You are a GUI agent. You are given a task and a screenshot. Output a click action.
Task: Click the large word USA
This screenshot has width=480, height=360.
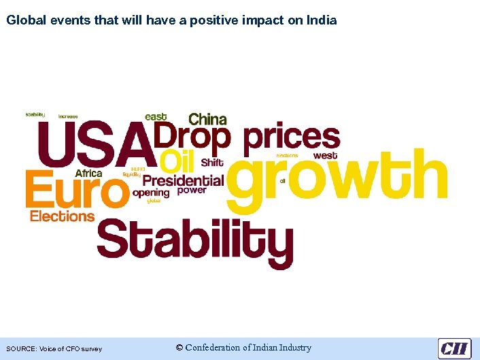[95, 144]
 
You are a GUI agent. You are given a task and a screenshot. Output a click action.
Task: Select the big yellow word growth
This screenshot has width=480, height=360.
[337, 178]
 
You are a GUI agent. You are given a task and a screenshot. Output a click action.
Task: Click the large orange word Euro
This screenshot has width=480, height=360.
[76, 190]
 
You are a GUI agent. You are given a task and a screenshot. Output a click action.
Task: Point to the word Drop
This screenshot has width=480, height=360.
[192, 137]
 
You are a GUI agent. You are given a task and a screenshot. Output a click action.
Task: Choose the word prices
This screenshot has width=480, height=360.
[291, 137]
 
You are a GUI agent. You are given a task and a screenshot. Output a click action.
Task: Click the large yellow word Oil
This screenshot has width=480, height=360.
[178, 162]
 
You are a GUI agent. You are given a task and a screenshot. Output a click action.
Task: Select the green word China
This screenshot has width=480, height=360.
[207, 118]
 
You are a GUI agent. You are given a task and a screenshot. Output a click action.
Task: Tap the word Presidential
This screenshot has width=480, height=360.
[182, 180]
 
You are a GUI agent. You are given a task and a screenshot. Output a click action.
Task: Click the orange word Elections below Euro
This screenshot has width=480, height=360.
[62, 216]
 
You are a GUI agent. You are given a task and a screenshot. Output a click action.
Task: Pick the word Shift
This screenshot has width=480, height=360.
[212, 163]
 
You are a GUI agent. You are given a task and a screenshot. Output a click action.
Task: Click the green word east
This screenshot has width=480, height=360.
[156, 117]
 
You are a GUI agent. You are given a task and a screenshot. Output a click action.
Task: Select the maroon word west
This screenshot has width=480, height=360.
[325, 156]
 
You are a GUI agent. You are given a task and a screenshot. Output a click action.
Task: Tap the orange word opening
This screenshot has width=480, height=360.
[150, 193]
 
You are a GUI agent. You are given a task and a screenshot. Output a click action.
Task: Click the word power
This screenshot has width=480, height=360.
[192, 191]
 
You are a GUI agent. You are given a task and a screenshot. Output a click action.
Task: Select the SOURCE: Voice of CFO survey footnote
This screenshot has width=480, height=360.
[54, 349]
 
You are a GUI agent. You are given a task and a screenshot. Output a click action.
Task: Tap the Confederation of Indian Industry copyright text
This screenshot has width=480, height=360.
[243, 348]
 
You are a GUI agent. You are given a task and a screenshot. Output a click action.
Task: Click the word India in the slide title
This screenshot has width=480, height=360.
[322, 20]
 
